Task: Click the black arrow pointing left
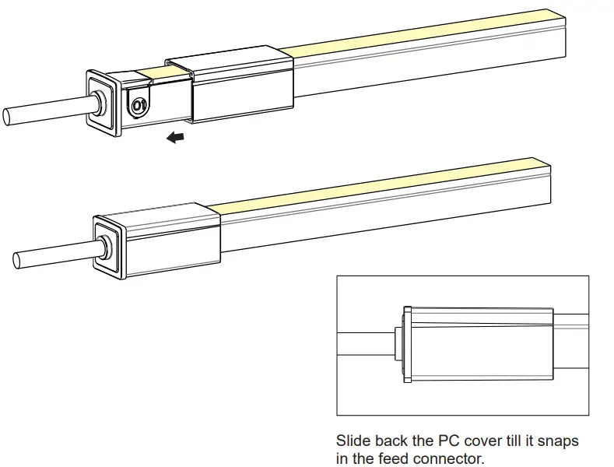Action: [177, 138]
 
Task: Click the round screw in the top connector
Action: [139, 105]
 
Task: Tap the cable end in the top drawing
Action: [8, 116]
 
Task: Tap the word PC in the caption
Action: [447, 441]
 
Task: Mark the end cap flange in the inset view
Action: [406, 344]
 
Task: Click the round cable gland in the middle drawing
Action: [104, 242]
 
